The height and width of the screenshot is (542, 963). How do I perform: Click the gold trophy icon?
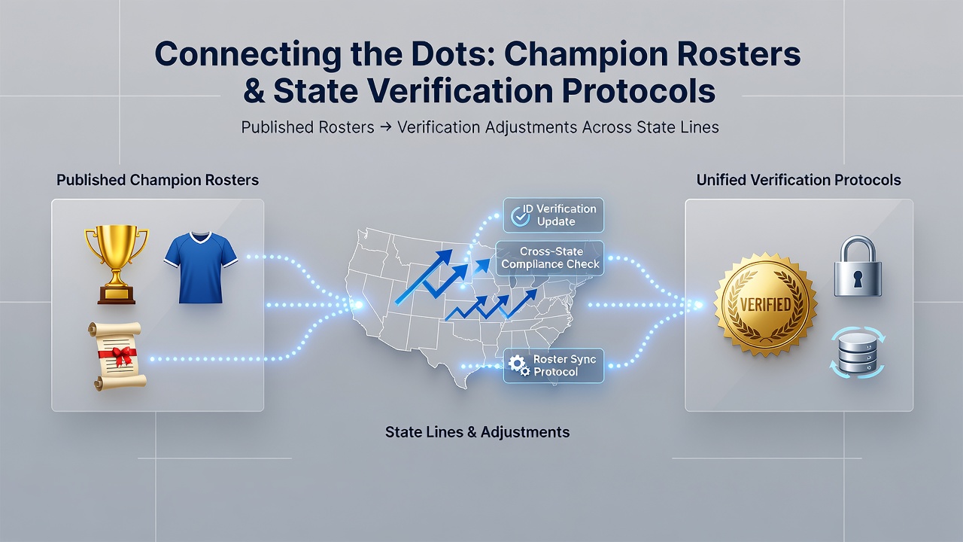[x=117, y=264]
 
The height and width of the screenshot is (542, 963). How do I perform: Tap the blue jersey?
[x=200, y=267]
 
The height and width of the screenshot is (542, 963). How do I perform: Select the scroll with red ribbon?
[x=117, y=356]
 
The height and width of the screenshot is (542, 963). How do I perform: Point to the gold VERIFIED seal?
[x=765, y=305]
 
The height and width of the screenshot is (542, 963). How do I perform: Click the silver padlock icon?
[x=858, y=266]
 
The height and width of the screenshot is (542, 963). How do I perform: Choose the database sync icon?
[x=857, y=352]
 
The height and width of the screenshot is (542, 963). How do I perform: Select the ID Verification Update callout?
[x=553, y=215]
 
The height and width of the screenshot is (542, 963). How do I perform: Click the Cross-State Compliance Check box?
[x=550, y=257]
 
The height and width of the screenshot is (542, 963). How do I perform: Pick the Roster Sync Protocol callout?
[x=553, y=366]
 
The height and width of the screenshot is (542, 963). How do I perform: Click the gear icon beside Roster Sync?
[x=519, y=365]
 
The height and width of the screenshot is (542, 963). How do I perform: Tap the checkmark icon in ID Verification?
[x=520, y=217]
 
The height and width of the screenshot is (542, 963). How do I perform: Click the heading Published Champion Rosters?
[x=157, y=180]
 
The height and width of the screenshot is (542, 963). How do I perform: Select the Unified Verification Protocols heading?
[x=798, y=180]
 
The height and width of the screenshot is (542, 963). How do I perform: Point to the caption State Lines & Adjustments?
[x=477, y=432]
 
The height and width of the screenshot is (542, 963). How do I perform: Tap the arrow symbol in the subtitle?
[x=386, y=127]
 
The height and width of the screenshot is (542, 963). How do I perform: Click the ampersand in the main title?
[x=254, y=91]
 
